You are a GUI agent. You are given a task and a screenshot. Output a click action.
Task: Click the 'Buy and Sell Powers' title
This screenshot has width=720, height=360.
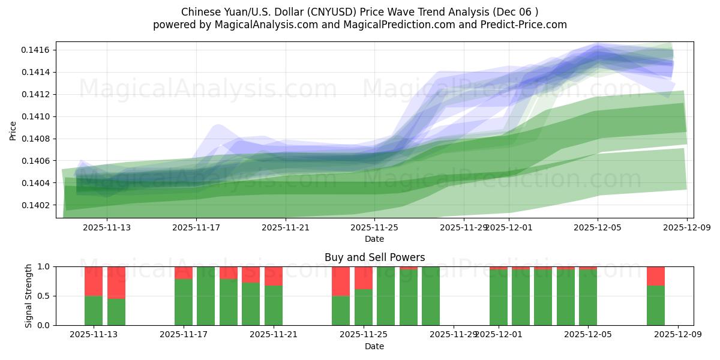click(x=374, y=257)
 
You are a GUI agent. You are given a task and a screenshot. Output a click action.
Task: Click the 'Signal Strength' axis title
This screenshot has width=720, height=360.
click(x=29, y=296)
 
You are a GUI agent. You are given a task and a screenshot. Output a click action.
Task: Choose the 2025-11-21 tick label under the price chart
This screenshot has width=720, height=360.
click(x=285, y=227)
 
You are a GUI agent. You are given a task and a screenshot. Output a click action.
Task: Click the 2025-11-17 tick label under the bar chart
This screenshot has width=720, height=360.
click(x=183, y=335)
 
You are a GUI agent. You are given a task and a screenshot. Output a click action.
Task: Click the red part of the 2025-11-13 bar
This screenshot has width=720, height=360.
click(x=94, y=281)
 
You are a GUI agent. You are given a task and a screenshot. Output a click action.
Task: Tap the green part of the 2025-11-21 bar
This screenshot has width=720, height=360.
click(x=274, y=305)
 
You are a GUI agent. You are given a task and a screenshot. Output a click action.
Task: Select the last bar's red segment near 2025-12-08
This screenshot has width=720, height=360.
click(x=656, y=275)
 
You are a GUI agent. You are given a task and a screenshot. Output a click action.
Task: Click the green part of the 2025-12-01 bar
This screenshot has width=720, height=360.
click(x=499, y=298)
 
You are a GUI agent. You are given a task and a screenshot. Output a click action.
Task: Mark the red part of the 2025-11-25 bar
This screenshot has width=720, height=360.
click(x=364, y=278)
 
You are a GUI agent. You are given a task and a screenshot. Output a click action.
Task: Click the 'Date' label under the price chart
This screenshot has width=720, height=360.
click(x=374, y=239)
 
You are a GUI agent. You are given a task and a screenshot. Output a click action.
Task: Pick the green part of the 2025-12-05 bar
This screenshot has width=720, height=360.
click(x=588, y=298)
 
